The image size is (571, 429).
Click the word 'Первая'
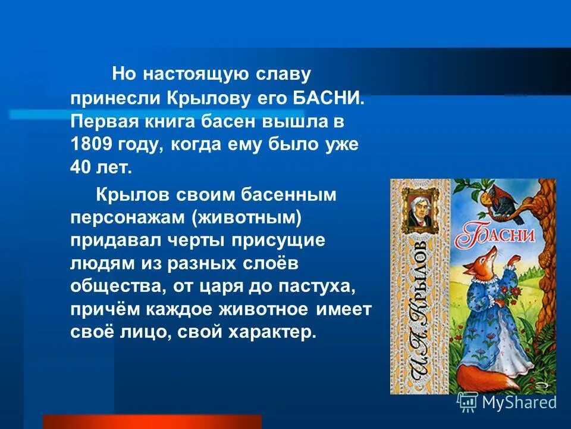(x=100, y=122)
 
